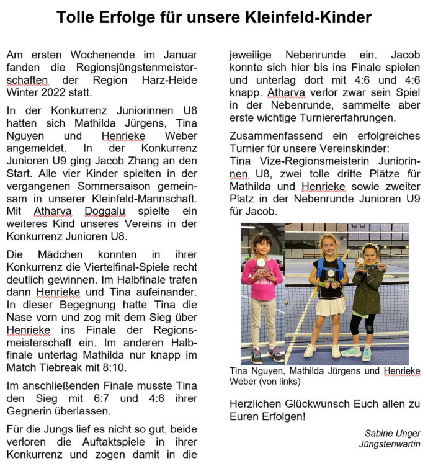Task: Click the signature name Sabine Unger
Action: pyautogui.click(x=393, y=433)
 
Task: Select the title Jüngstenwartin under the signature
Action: pyautogui.click(x=390, y=444)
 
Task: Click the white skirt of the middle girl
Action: pyautogui.click(x=329, y=306)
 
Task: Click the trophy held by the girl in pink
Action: pyautogui.click(x=262, y=269)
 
